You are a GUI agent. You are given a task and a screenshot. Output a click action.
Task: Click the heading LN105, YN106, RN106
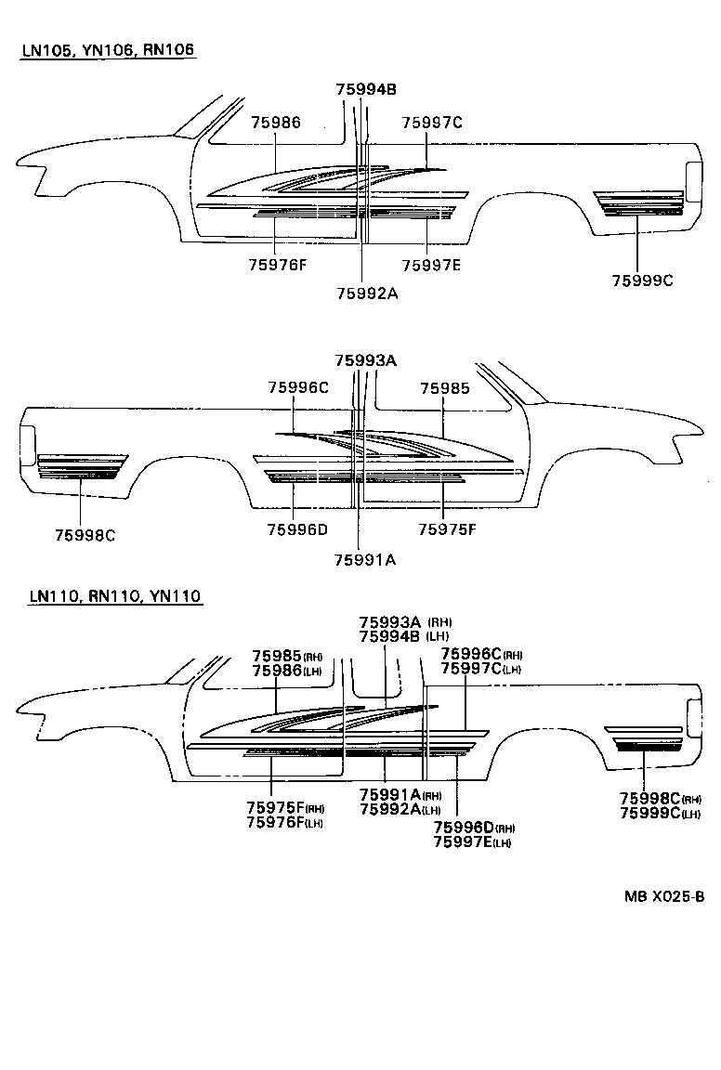click(x=108, y=49)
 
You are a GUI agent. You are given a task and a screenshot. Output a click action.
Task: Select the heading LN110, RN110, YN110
click(x=114, y=596)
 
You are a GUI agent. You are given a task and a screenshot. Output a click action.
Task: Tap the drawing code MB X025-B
click(x=663, y=896)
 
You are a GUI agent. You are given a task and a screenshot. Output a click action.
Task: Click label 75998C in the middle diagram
click(x=84, y=535)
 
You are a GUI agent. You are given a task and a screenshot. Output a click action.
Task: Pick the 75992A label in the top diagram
click(x=366, y=294)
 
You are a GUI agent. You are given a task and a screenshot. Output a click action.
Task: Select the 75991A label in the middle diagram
click(x=365, y=559)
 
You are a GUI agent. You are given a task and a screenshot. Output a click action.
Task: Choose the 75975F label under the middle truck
click(x=447, y=529)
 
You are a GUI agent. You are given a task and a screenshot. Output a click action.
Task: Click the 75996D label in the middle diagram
click(x=297, y=529)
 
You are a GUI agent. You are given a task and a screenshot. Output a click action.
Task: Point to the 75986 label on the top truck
click(x=276, y=122)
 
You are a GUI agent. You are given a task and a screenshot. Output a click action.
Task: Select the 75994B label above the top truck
click(x=366, y=89)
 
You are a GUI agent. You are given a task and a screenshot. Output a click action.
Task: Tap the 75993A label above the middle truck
click(x=365, y=360)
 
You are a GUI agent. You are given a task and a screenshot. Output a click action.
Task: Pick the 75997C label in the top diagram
click(x=432, y=122)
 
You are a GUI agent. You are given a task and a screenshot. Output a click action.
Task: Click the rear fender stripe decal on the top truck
click(x=638, y=203)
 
